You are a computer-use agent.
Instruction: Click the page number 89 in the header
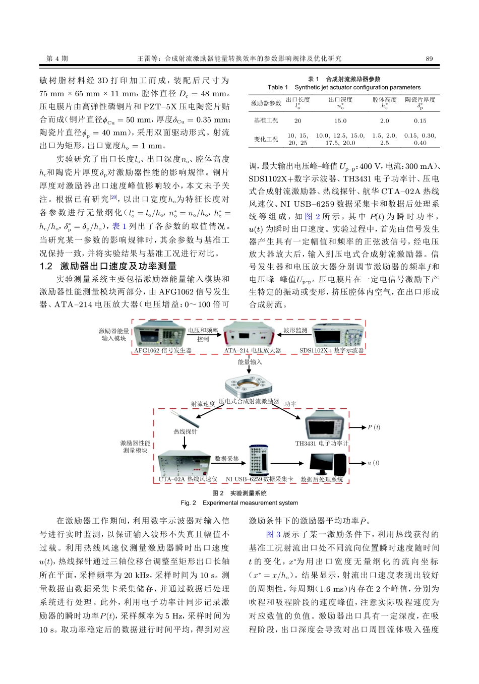pos(429,58)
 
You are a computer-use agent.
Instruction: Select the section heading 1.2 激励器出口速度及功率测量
pos(108,266)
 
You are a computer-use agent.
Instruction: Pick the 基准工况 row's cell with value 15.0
pos(340,121)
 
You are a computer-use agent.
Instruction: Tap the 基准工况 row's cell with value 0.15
pos(420,121)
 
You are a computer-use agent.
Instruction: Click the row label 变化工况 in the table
pos(266,139)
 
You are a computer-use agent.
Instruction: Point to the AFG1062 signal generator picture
pos(161,333)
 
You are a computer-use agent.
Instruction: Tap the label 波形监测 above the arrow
pos(295,331)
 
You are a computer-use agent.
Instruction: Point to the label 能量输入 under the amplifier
pos(250,362)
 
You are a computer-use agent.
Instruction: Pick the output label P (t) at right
pos(374,427)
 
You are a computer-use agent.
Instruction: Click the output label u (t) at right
pos(373,463)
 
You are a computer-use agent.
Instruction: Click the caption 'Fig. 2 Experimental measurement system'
pos(239,503)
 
